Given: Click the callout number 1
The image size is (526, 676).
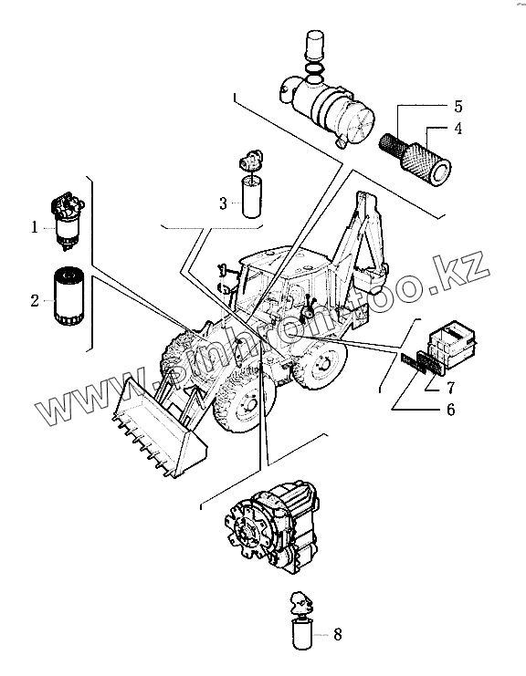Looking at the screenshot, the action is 35,227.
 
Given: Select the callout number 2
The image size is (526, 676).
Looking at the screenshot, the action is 35,300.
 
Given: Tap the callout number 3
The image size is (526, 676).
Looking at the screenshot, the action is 223,203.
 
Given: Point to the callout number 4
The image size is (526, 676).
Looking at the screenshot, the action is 458,128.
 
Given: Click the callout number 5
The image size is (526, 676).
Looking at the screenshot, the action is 458,106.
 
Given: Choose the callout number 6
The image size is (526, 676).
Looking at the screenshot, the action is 450,409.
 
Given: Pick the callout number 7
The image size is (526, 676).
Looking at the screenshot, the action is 450,388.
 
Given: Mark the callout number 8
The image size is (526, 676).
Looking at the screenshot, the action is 338,634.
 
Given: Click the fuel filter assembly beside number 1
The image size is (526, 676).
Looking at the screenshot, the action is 68,223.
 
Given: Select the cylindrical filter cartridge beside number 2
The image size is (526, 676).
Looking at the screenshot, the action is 69,296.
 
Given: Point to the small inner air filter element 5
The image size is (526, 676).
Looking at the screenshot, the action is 393,143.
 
